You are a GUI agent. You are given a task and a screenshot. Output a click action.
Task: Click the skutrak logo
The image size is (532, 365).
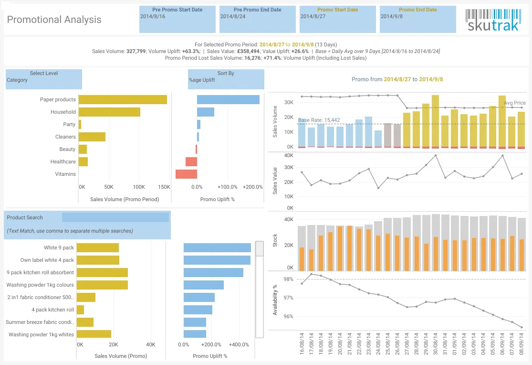[x=493, y=20]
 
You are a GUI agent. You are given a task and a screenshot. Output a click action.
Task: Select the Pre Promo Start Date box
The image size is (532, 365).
[x=177, y=20]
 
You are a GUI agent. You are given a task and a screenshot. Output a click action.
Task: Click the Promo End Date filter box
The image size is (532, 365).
[x=417, y=20]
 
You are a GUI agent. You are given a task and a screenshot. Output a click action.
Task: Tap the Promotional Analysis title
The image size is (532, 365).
[x=54, y=20]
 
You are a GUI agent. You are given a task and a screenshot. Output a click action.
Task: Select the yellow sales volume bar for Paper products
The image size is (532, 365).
[x=123, y=99]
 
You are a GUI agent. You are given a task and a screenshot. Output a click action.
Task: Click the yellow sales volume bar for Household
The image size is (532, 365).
[x=109, y=112]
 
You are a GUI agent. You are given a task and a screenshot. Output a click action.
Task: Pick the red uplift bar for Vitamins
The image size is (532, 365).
[x=186, y=174]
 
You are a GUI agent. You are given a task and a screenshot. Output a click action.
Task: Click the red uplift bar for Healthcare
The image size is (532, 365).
[x=191, y=161]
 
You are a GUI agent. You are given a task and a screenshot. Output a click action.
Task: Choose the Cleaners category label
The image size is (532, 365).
[x=65, y=137]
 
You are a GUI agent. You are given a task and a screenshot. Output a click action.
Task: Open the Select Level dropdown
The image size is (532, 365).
[x=44, y=79]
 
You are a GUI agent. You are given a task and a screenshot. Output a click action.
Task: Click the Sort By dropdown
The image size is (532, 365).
[x=226, y=79]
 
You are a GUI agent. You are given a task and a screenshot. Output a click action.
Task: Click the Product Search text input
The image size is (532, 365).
[x=115, y=217]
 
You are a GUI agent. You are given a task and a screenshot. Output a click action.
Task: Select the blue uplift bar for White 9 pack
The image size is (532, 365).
[x=217, y=248]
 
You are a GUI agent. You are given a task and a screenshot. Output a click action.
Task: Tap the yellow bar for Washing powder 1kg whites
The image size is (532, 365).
[x=94, y=334]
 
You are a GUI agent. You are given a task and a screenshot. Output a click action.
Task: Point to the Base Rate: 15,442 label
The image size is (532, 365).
[x=319, y=120]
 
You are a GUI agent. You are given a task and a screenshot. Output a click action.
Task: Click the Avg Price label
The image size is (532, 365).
[x=515, y=103]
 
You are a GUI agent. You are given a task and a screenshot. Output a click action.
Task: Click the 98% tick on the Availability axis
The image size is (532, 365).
[x=288, y=279]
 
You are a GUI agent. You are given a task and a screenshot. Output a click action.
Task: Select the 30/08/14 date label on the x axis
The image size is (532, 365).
[x=435, y=344]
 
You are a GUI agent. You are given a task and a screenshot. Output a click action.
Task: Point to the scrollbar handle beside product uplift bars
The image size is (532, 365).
[x=260, y=249]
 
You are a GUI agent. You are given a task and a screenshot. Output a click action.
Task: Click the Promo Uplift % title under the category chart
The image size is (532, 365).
[x=218, y=199]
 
